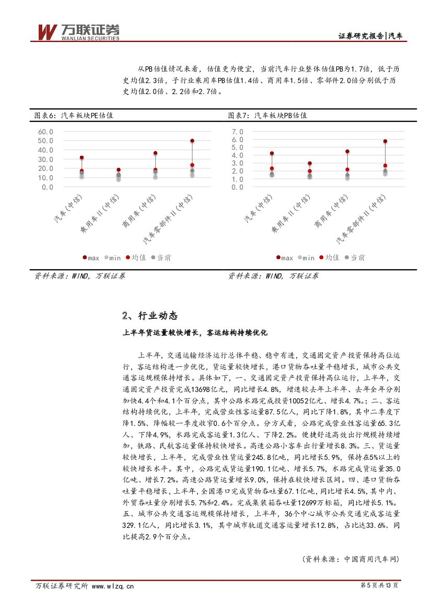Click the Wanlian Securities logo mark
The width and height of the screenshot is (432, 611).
click(46, 32)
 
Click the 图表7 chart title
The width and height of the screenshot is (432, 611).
click(267, 115)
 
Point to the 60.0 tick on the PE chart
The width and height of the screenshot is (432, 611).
click(45, 132)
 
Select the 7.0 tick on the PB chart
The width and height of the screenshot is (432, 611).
click(238, 132)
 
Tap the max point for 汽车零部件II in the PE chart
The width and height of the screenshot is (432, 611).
click(192, 141)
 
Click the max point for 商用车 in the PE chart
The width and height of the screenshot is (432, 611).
click(155, 153)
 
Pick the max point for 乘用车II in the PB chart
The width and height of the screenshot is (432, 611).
click(309, 164)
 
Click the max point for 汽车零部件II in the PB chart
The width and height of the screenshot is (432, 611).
click(385, 141)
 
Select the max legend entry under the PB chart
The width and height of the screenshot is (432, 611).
click(284, 258)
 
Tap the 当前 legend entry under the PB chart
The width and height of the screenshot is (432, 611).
click(355, 258)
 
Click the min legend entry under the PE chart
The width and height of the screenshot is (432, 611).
click(112, 258)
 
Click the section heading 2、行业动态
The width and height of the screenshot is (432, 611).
click(150, 316)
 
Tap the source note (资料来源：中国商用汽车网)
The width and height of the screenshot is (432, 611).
click(351, 559)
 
